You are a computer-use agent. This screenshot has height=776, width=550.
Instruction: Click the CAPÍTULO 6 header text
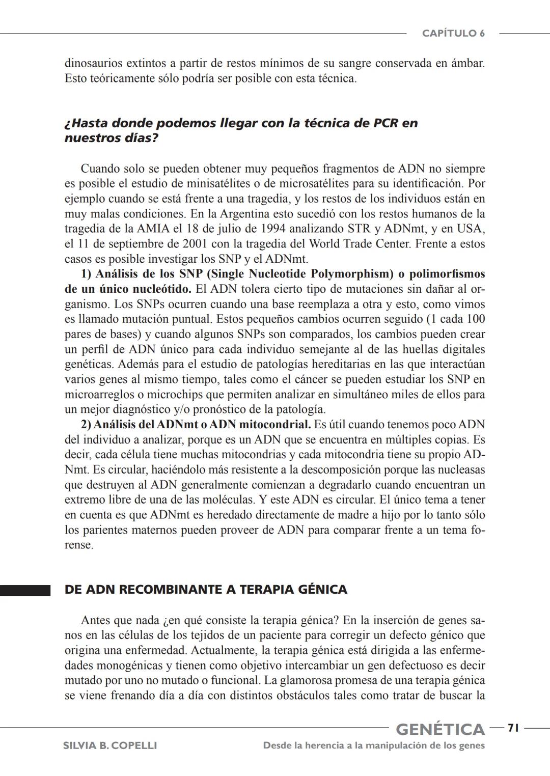pos(453,34)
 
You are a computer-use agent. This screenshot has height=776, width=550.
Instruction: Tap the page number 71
pos(513,728)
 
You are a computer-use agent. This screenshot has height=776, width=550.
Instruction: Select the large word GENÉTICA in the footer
pos(440,729)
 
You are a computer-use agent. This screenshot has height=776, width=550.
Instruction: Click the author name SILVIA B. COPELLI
pos(109,745)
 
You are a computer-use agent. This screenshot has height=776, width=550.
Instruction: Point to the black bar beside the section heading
pos(25,590)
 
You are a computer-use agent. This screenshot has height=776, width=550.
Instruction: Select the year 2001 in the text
pos(195,244)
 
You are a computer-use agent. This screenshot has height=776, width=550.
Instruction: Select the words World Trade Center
pos(360,244)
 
